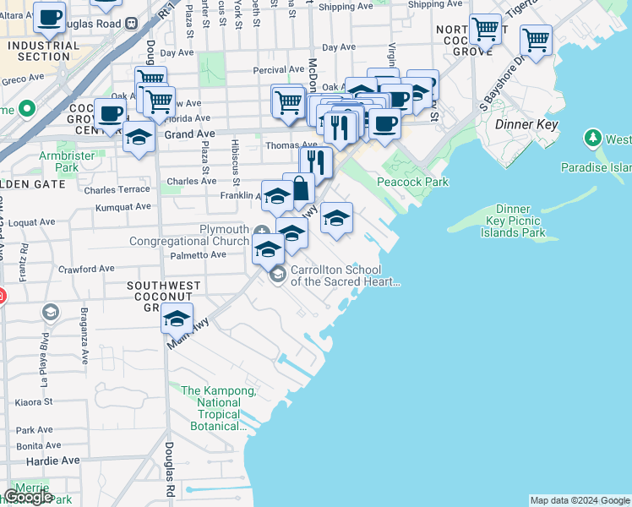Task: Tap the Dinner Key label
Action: tap(529, 124)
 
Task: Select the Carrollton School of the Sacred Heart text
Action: tap(344, 276)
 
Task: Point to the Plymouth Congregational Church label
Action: tap(189, 235)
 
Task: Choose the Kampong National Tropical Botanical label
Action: tap(218, 408)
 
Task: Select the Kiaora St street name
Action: tap(35, 401)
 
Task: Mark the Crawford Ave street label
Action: tap(86, 269)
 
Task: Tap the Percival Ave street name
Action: tap(279, 70)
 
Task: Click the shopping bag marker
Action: tap(300, 189)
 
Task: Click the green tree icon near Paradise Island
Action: tap(592, 138)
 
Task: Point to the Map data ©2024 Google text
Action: tap(580, 500)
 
